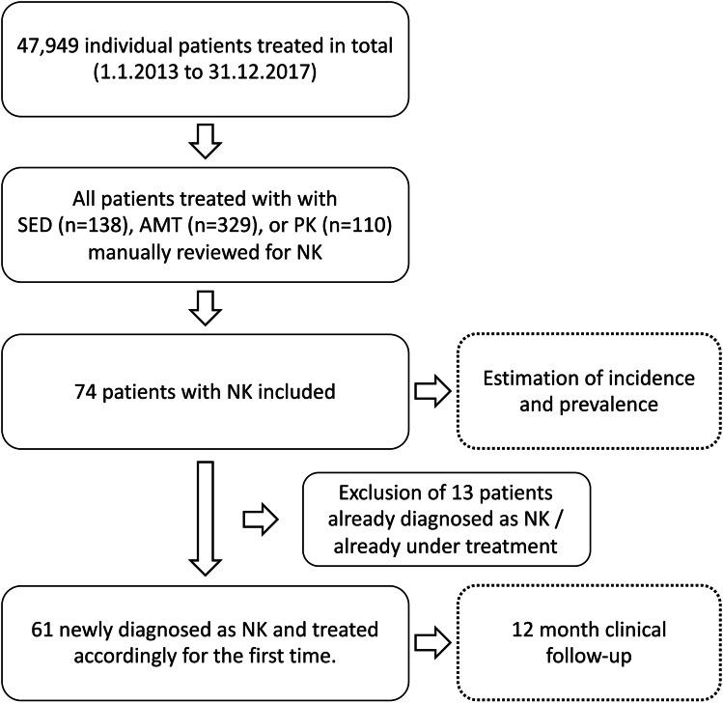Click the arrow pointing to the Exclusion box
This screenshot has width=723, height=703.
pyautogui.click(x=262, y=519)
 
